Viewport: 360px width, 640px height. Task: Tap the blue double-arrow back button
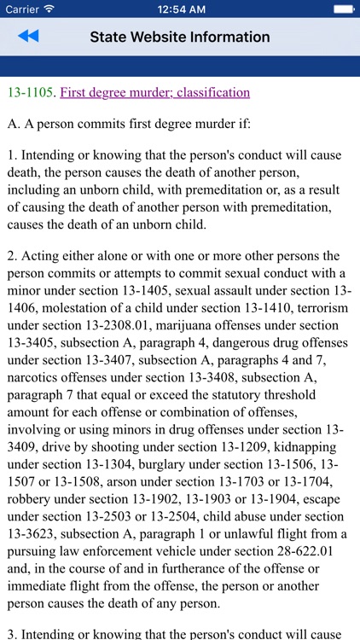27,37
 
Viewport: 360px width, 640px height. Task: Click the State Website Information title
180,37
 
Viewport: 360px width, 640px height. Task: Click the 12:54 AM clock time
179,9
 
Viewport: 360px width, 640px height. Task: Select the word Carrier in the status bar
20,9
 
